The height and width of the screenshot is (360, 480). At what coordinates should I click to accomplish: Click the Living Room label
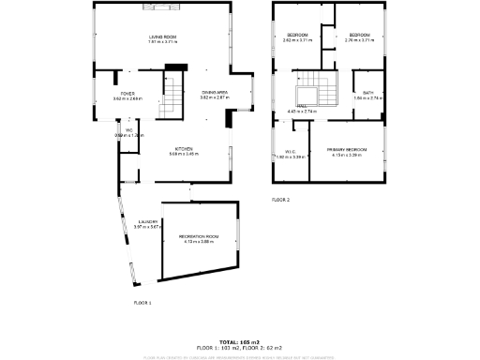[x=162, y=36]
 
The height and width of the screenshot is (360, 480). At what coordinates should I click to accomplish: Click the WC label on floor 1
[x=118, y=131]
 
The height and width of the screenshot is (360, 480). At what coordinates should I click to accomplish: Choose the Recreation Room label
[x=198, y=236]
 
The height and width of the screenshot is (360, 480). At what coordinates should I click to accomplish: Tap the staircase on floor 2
[x=309, y=91]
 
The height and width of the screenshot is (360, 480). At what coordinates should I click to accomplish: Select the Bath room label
[x=368, y=93]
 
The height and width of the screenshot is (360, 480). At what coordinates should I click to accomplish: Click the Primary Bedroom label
[x=346, y=149]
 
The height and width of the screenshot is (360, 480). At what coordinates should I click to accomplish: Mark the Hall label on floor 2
[x=302, y=107]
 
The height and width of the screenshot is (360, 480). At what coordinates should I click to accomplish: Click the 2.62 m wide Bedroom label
[x=298, y=36]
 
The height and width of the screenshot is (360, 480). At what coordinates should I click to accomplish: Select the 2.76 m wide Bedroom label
[x=359, y=36]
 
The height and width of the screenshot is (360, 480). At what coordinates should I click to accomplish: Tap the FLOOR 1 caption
[x=142, y=303]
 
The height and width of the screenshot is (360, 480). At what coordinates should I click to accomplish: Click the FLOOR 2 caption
[x=281, y=200]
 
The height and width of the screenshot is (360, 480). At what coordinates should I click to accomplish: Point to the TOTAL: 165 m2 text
[x=240, y=341]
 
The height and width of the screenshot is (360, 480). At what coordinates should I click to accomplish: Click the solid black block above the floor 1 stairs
[x=173, y=67]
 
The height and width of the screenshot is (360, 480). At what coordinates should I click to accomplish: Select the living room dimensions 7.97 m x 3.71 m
[x=162, y=41]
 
